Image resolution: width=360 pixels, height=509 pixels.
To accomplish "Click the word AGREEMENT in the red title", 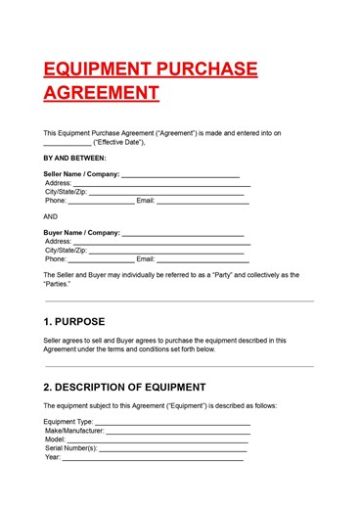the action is click(x=101, y=94).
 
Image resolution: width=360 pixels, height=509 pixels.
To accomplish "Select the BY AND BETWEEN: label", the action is click(x=75, y=158).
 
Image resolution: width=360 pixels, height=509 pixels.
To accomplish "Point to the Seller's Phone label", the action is click(x=56, y=201).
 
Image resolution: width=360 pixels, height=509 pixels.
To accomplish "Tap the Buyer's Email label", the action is click(x=146, y=259).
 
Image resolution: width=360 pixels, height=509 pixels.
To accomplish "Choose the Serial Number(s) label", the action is click(x=71, y=448).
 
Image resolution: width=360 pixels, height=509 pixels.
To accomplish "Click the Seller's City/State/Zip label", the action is click(x=66, y=192).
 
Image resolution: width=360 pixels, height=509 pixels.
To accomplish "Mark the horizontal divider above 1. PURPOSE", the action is click(x=179, y=301).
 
